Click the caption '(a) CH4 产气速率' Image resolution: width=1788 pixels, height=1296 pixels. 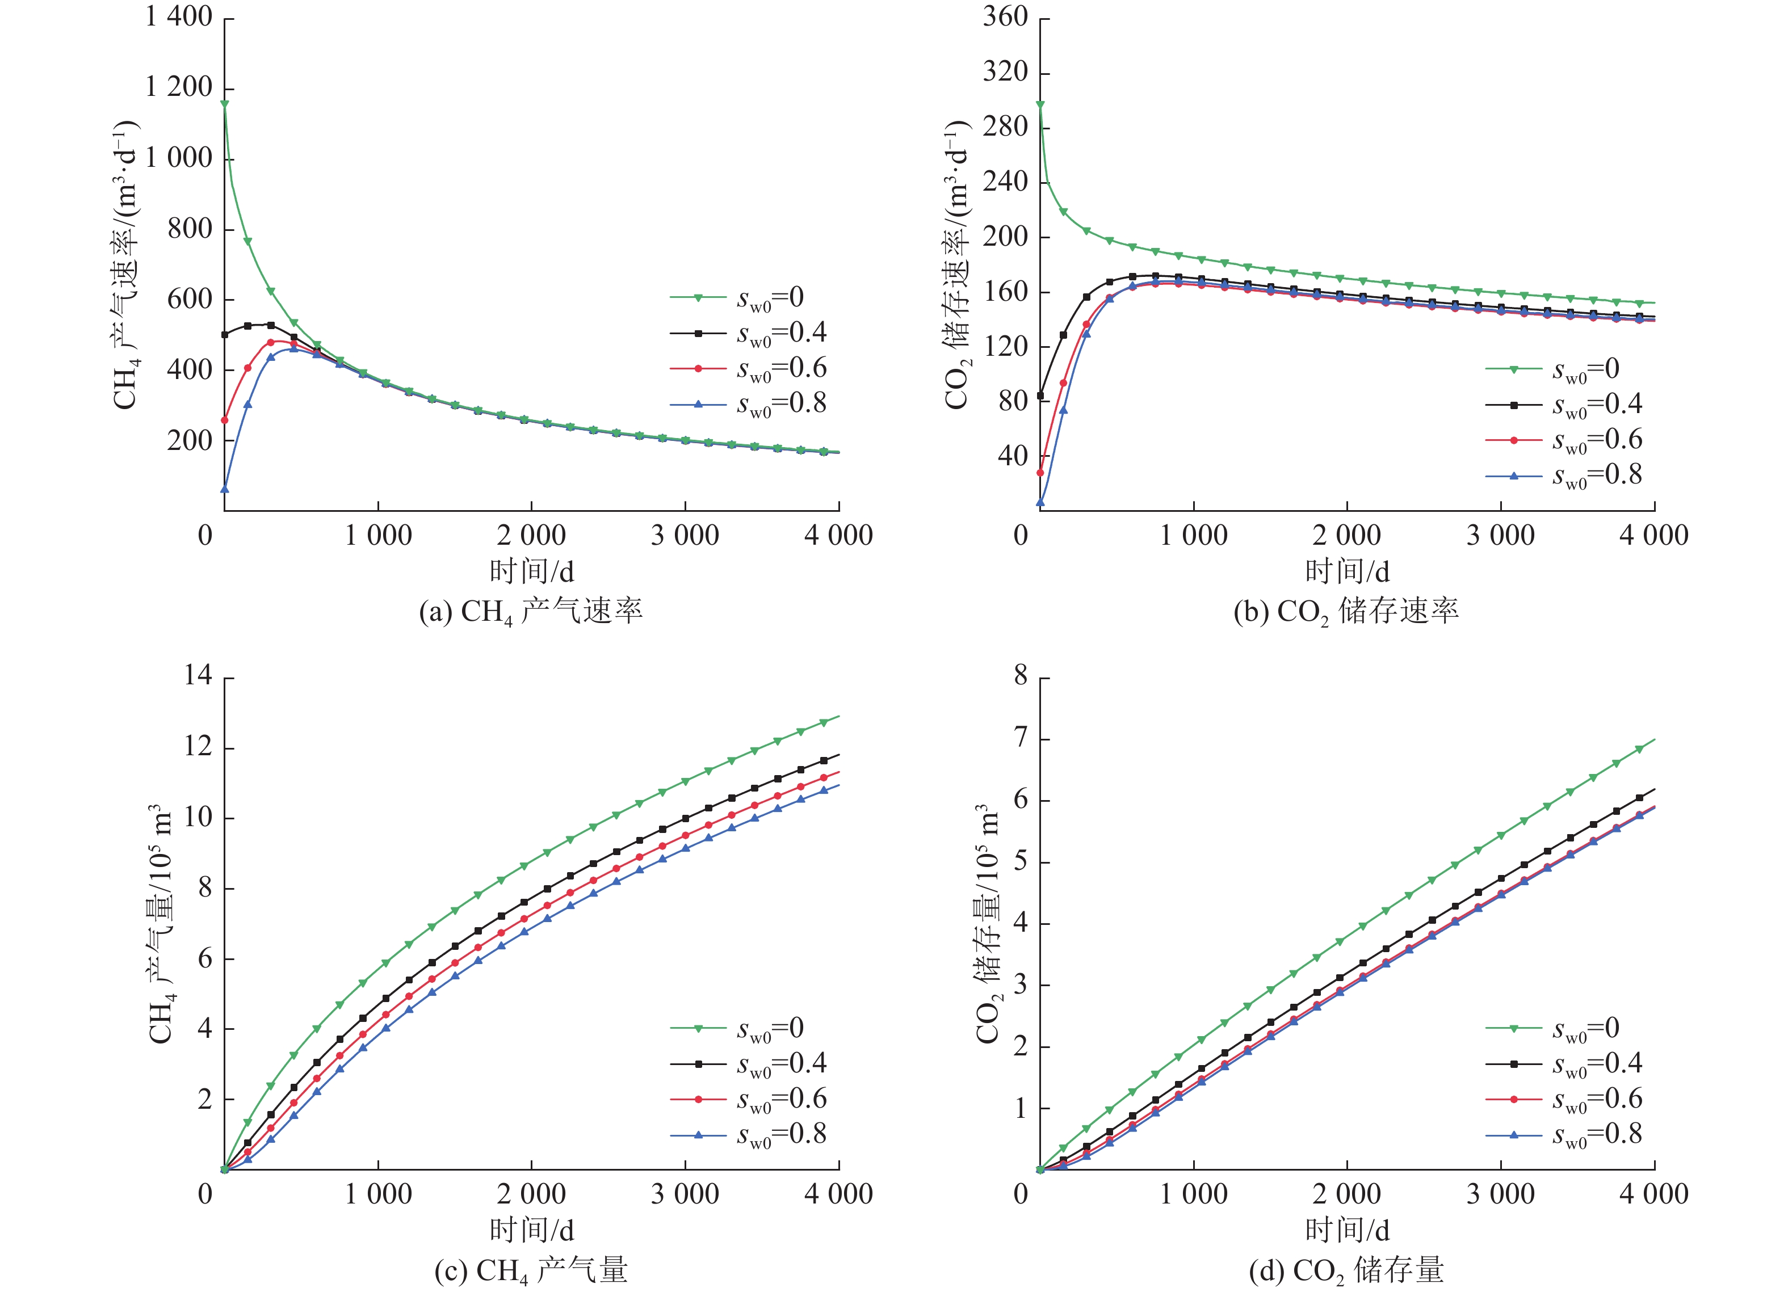[x=531, y=612]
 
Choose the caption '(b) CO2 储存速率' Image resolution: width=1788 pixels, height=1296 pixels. [x=1346, y=612]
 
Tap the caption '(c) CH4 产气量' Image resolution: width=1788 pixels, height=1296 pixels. [x=531, y=1271]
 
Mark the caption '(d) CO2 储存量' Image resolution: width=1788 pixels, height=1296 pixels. [x=1346, y=1271]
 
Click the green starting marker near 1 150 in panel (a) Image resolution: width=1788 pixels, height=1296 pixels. [x=225, y=104]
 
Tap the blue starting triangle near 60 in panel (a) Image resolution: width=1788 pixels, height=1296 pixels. [x=225, y=490]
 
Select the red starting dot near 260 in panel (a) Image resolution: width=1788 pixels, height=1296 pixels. [x=225, y=420]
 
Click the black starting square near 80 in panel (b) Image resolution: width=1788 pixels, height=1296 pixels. [x=1040, y=395]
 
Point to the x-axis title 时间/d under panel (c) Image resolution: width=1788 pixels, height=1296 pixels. [x=531, y=1230]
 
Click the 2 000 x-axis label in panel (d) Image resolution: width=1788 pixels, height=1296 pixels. [x=1346, y=1194]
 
